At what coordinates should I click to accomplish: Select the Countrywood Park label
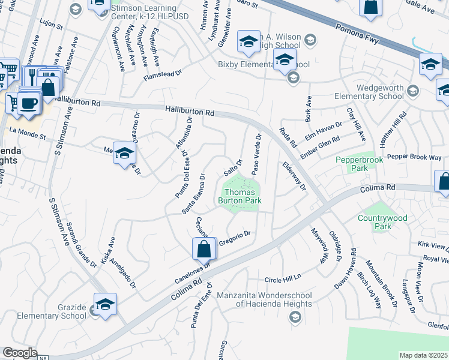(382, 223)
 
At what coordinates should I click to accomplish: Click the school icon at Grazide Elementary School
(105, 304)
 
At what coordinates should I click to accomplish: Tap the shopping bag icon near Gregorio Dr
(203, 248)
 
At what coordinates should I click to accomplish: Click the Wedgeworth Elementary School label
(379, 91)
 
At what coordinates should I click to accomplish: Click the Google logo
(20, 353)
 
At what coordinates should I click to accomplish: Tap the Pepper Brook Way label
(414, 157)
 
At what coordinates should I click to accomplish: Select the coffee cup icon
(28, 102)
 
